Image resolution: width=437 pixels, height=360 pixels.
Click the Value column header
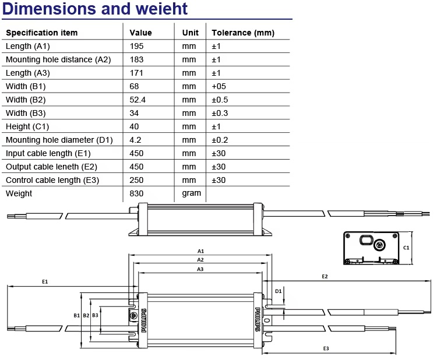point(140,33)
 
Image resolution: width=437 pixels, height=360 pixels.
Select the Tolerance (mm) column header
point(243,33)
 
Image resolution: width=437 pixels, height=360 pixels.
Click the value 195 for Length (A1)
point(136,46)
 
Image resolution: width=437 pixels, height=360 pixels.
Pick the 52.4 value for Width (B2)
point(138,100)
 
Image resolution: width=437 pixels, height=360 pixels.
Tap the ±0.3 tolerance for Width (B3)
point(220,113)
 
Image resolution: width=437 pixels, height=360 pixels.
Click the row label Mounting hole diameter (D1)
point(59,140)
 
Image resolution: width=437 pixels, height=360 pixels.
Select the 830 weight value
point(136,193)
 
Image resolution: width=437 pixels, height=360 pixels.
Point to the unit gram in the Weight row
point(192,193)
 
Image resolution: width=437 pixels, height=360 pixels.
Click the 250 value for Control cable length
point(136,180)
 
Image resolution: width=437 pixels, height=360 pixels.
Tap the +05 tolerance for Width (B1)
point(218,86)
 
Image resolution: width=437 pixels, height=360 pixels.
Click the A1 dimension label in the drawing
point(200,251)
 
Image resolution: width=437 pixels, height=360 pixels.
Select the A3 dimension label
point(200,269)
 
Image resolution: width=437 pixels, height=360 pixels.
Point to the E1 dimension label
point(45,282)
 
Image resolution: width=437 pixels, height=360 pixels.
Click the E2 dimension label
point(325,277)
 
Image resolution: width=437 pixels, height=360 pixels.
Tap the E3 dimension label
point(326,348)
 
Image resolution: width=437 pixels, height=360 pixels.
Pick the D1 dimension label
point(278,291)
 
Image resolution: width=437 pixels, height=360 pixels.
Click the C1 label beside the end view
point(406,248)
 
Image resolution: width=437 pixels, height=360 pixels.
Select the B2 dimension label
point(86,315)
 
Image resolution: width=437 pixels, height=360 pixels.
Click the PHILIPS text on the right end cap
point(258,320)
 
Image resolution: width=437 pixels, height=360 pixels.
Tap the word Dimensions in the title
point(50,9)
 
